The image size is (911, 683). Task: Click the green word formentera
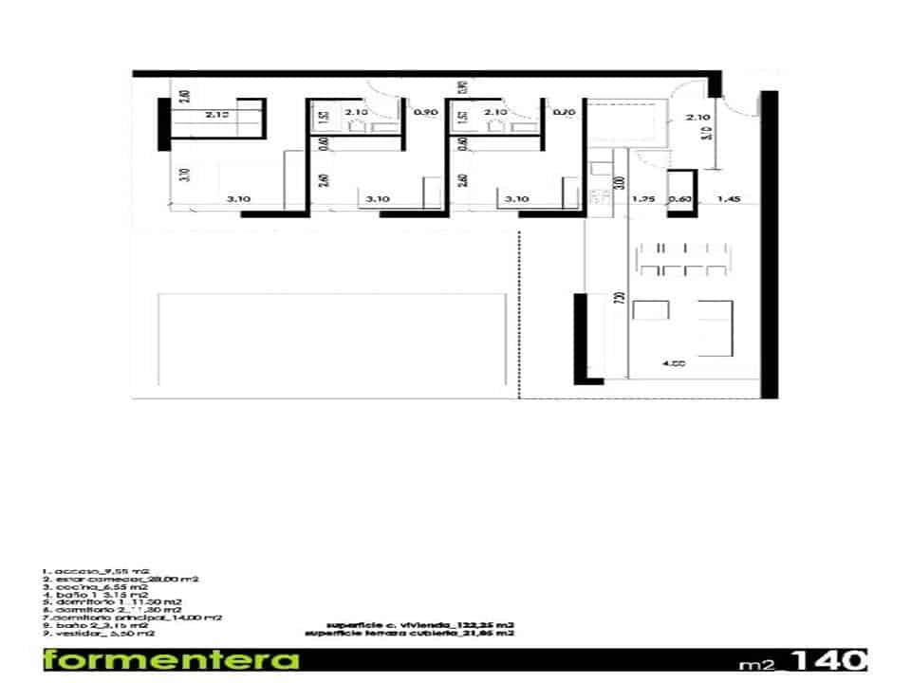(x=171, y=660)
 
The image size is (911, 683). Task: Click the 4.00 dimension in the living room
(x=675, y=363)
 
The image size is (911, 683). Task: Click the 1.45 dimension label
(x=729, y=199)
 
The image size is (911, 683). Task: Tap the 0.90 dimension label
(x=425, y=113)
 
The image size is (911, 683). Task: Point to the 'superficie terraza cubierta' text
(x=411, y=633)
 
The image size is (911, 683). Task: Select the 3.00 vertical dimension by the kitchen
(x=619, y=182)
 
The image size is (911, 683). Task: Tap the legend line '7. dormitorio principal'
(x=132, y=617)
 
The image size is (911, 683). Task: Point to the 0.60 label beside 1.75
(x=679, y=199)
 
